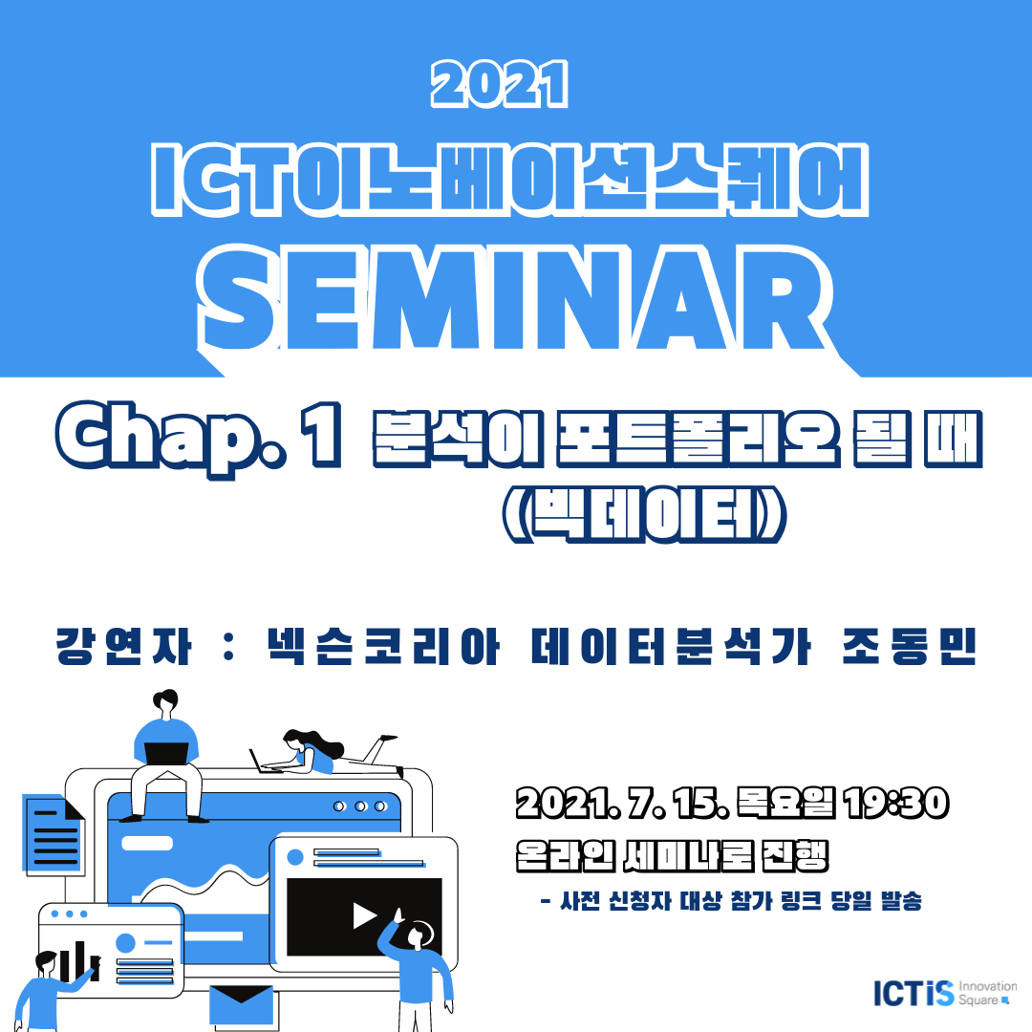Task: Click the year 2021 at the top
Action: click(500, 84)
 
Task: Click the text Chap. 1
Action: click(199, 437)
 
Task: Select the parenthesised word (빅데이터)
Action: click(644, 514)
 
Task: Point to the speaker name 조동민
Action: click(909, 646)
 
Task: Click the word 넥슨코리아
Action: click(383, 646)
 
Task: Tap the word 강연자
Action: click(123, 646)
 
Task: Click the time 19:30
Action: click(895, 803)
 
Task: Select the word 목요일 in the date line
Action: click(785, 803)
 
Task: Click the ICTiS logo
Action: click(914, 993)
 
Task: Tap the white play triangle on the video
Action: click(364, 915)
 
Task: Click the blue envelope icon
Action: click(241, 1005)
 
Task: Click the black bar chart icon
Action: click(78, 961)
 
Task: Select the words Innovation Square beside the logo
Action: click(987, 993)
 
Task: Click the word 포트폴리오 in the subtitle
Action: click(699, 439)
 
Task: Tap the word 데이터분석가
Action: click(671, 646)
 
